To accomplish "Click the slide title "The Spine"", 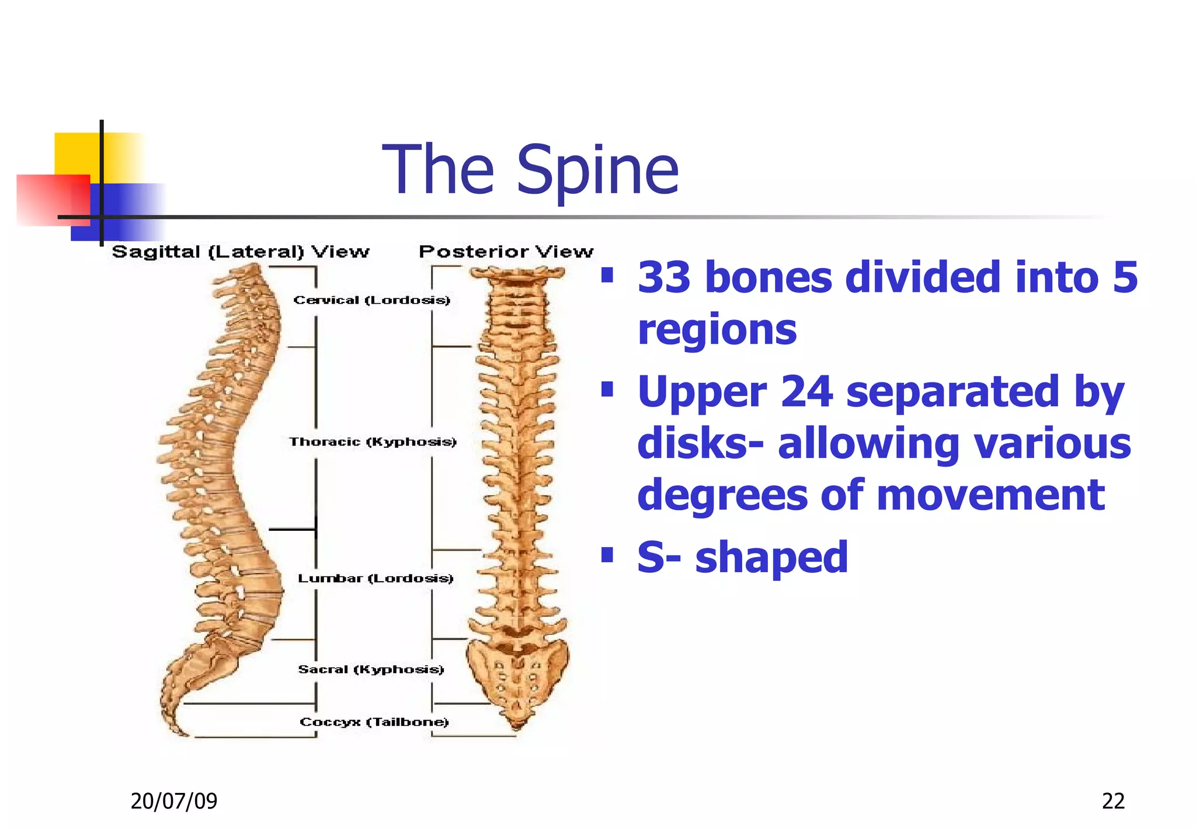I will (x=530, y=170).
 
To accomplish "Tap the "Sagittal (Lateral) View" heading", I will (x=241, y=252).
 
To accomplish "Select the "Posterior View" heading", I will (x=506, y=252).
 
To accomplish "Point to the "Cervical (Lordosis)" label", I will (x=372, y=300).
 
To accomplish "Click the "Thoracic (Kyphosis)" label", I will (x=373, y=441).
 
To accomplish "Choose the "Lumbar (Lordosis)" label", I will (x=376, y=578).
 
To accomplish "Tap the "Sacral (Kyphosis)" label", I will (x=371, y=669).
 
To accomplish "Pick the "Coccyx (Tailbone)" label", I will (x=374, y=722).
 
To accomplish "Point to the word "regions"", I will (x=717, y=329).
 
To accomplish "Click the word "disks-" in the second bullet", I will (x=700, y=443).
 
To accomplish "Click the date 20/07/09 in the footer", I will (x=173, y=801).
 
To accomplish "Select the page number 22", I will (x=1113, y=801).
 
